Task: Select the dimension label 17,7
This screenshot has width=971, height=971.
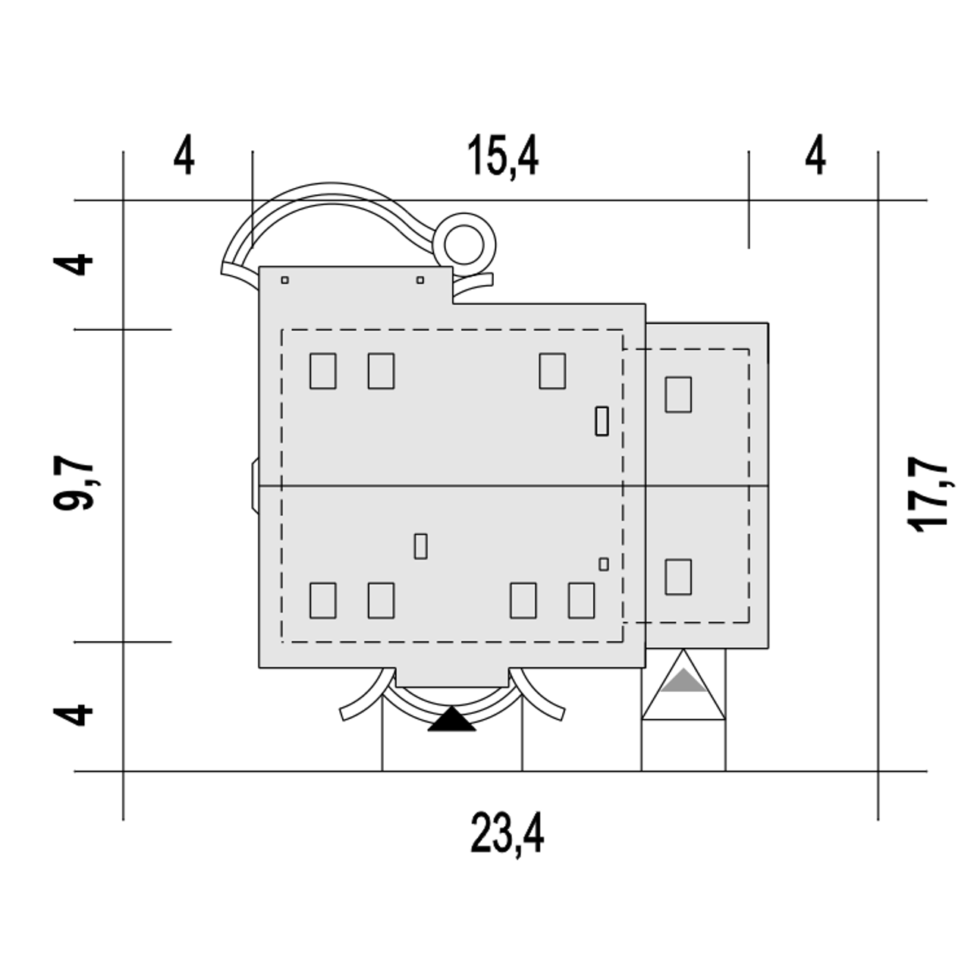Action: (x=927, y=495)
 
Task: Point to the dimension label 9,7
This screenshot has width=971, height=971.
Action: (x=74, y=483)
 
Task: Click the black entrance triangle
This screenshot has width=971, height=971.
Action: (x=451, y=718)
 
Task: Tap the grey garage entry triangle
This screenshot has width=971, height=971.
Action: (x=683, y=680)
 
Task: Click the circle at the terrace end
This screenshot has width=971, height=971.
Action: (x=464, y=245)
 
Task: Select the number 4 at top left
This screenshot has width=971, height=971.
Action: (x=184, y=154)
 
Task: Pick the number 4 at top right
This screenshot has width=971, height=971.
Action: (x=815, y=154)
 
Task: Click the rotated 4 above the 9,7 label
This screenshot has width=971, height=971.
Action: (x=73, y=265)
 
